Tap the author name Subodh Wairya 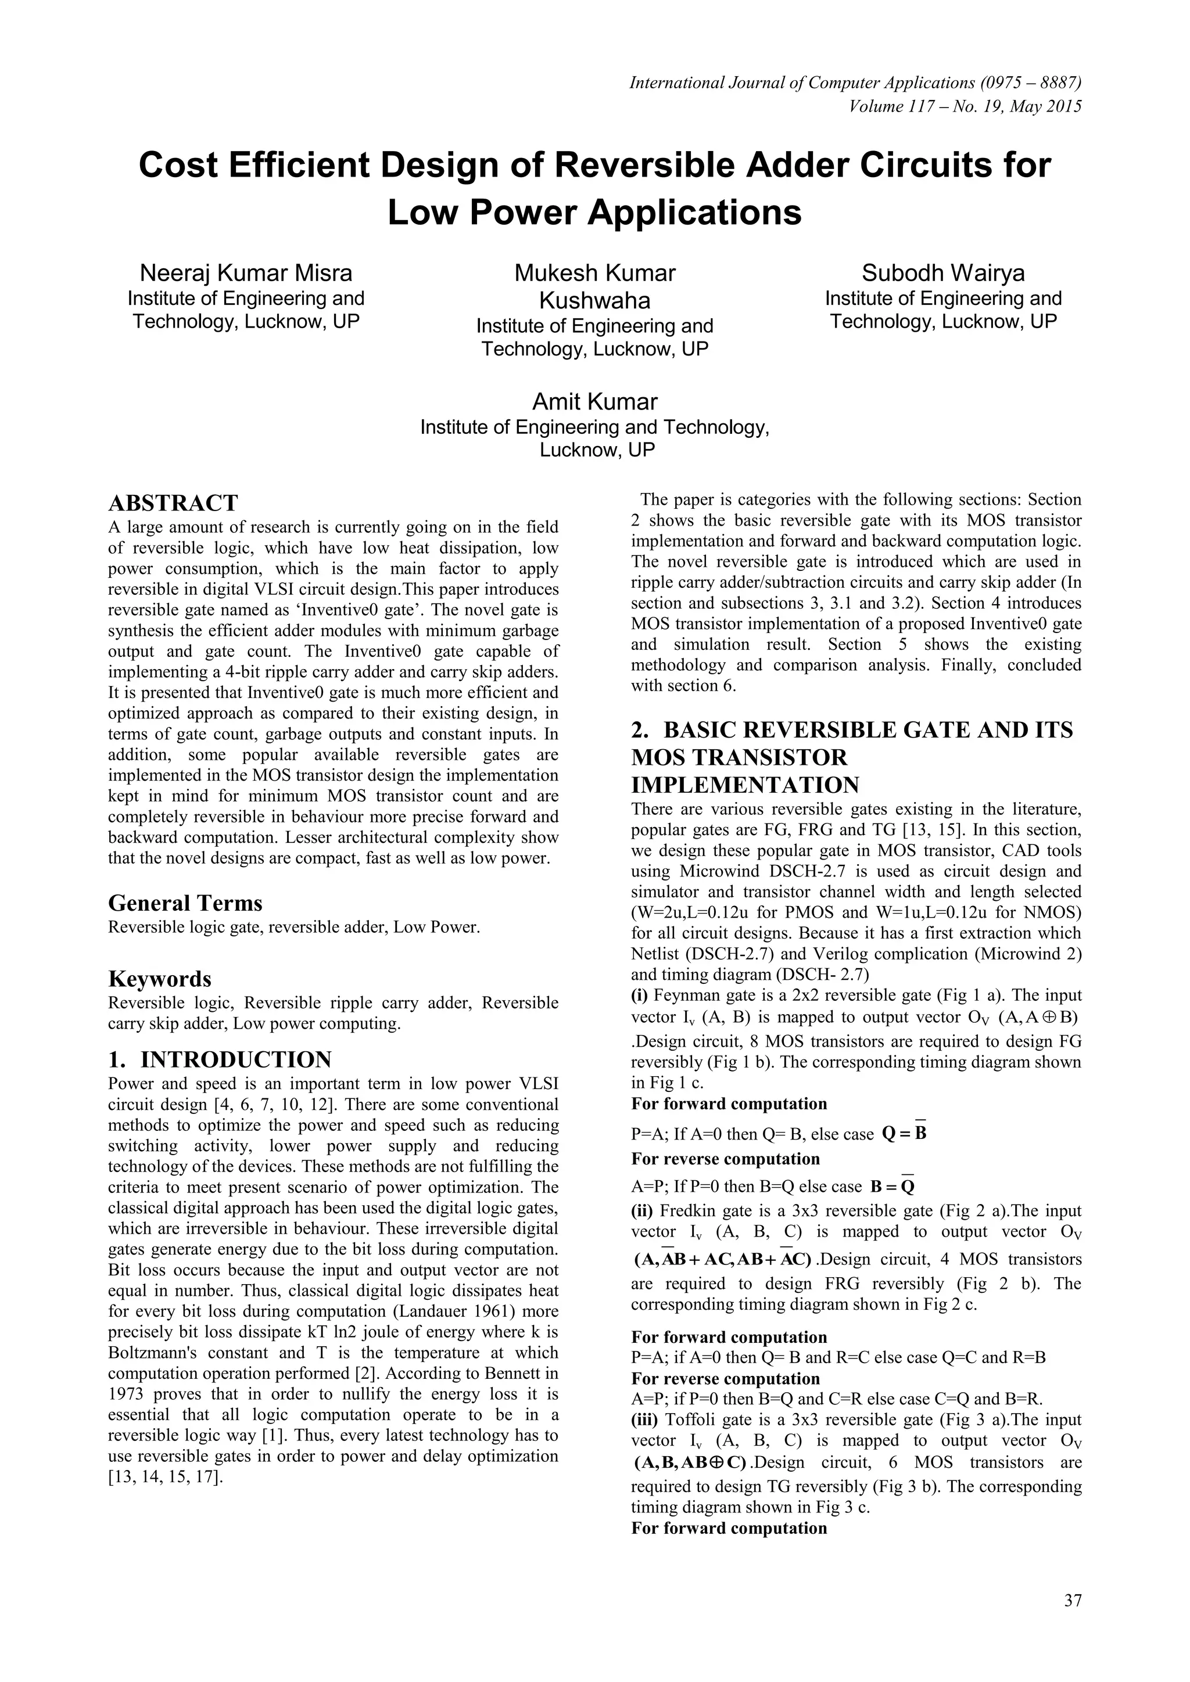click(x=943, y=273)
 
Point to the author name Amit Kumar click(x=594, y=401)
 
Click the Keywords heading click(x=160, y=979)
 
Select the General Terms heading click(x=185, y=903)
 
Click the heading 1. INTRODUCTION click(x=220, y=1059)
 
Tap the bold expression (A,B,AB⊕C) click(x=690, y=1463)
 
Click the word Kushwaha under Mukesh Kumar click(x=594, y=300)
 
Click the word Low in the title click(x=420, y=213)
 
